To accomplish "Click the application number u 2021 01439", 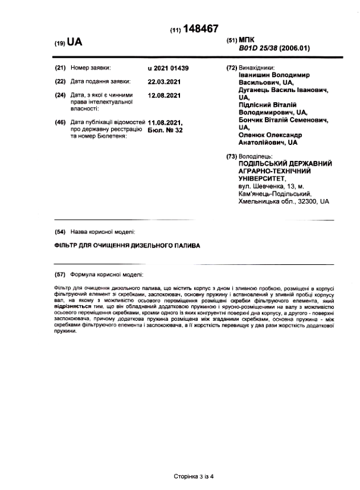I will (x=168, y=68).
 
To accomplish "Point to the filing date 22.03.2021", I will (x=163, y=81).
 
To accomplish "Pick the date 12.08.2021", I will (x=163, y=94).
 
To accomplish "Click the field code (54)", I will (x=59, y=232).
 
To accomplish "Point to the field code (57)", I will (x=59, y=274).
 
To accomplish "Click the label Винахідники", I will (x=257, y=68).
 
